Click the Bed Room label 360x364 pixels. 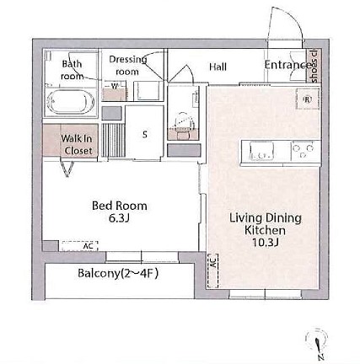(119, 205)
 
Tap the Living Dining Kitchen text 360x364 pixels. (265, 223)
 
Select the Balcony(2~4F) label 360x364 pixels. (118, 273)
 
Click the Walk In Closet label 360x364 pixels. (78, 144)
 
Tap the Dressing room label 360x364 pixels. (127, 66)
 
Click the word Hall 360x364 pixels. (218, 67)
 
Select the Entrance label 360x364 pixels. (287, 65)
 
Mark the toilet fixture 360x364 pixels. (181, 122)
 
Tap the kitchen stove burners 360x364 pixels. (303, 151)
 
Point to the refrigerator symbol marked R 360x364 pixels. (308, 99)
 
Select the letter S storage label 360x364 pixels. (144, 133)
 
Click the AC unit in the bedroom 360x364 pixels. (79, 245)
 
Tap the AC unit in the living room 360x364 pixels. (212, 263)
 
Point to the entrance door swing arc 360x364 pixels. (283, 25)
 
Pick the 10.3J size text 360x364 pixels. (265, 242)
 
